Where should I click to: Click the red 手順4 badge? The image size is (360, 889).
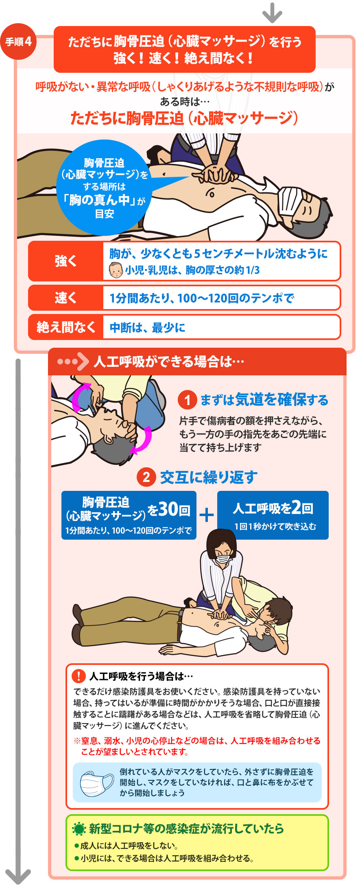(x=19, y=41)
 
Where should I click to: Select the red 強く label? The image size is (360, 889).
(x=66, y=261)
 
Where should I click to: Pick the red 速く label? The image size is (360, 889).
(x=66, y=298)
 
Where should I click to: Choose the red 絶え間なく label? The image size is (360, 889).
(x=66, y=327)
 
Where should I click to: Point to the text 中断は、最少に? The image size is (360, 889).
(x=147, y=327)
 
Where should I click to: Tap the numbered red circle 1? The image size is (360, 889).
(x=187, y=400)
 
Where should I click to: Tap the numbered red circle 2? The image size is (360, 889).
(x=146, y=477)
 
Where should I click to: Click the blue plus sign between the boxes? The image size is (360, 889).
(x=207, y=515)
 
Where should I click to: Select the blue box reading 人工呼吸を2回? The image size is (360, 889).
(x=273, y=515)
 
